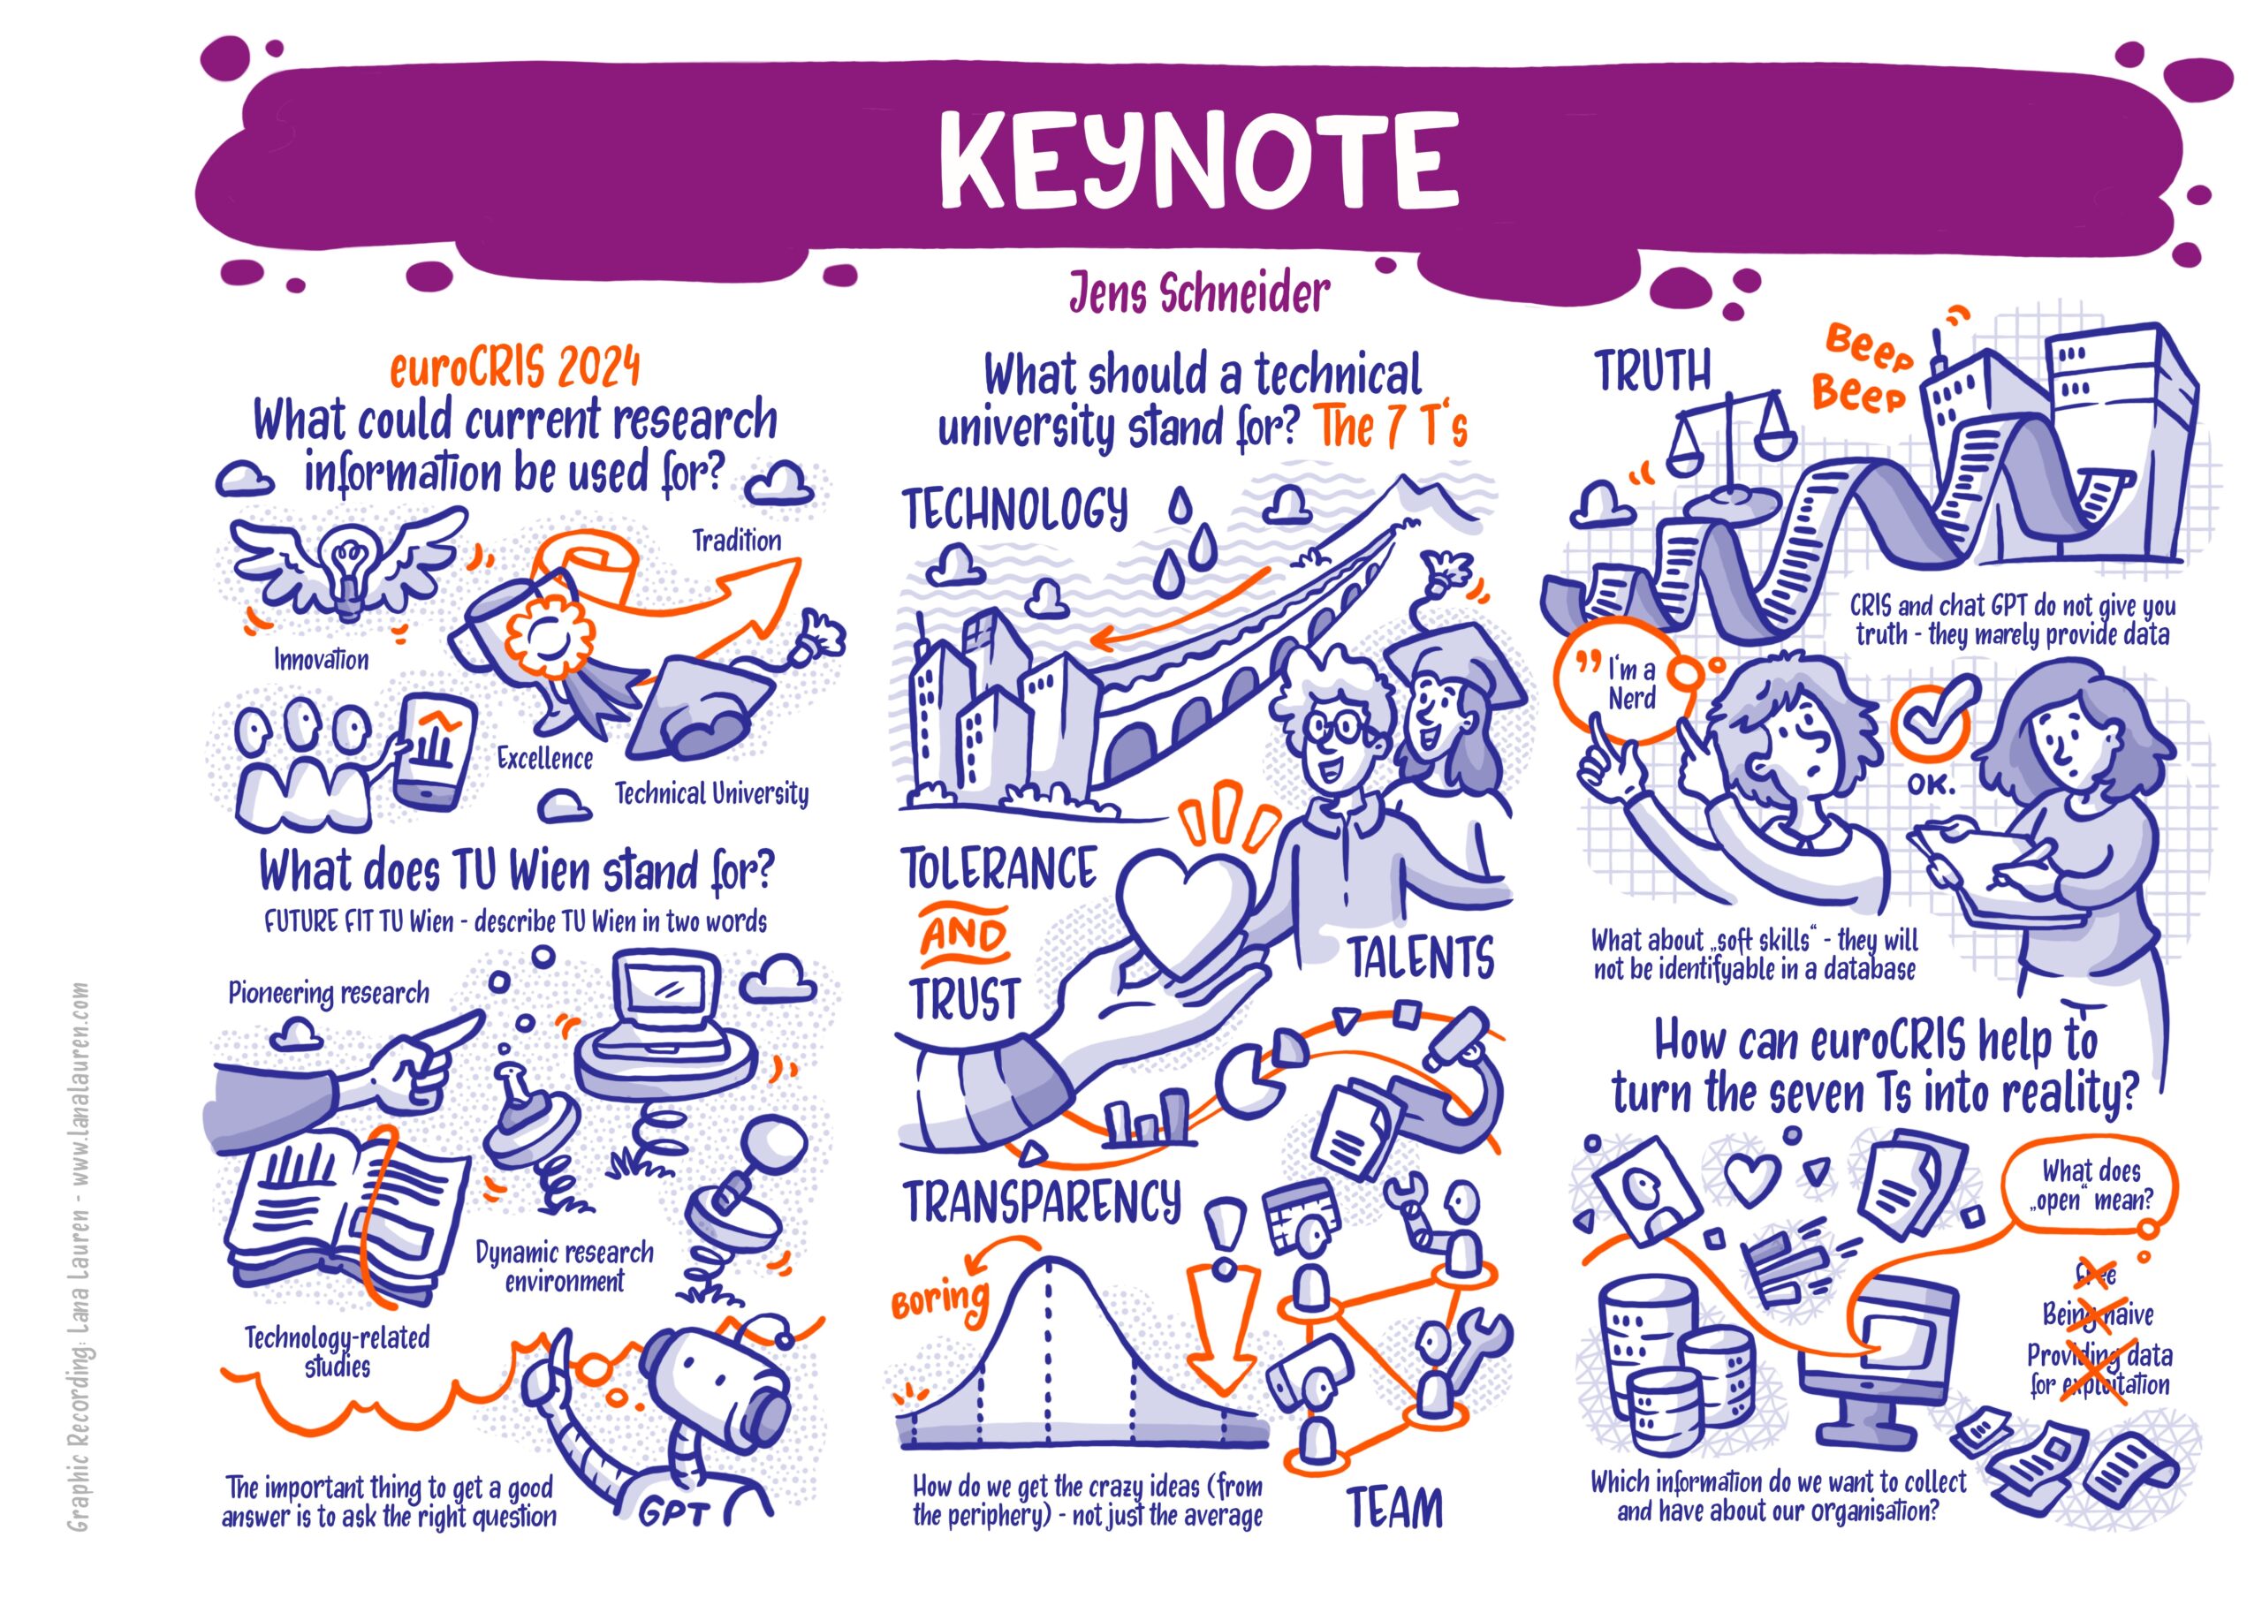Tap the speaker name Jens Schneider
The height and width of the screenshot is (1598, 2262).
tap(1200, 292)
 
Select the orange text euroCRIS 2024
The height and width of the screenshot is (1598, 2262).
tap(515, 369)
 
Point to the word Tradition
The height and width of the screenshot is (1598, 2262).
tap(736, 541)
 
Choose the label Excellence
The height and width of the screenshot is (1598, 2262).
tap(545, 759)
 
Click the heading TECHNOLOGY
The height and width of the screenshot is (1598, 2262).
tap(1014, 510)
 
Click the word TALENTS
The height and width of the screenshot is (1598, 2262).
tap(1421, 958)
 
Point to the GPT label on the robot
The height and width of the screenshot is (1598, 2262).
tap(674, 1514)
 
